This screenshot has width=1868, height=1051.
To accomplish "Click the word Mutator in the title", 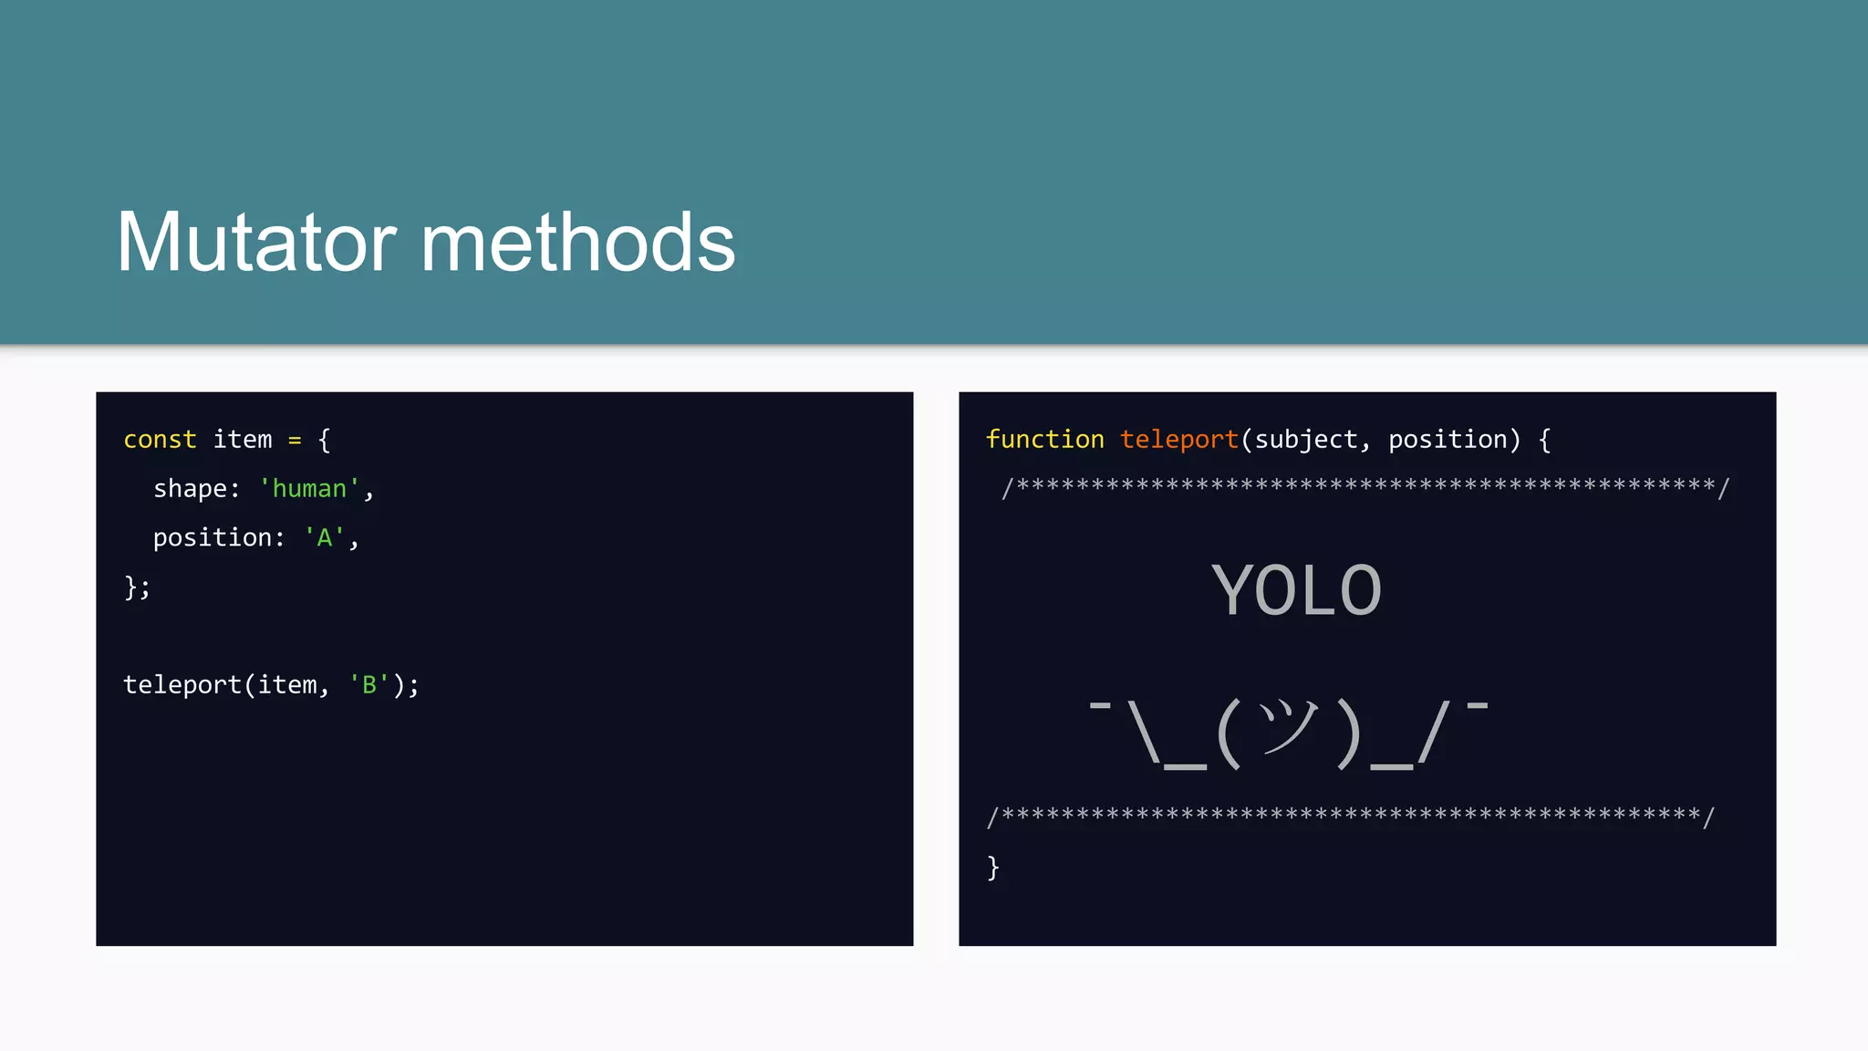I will click(x=256, y=243).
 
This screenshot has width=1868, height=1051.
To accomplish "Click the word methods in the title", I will click(x=577, y=243).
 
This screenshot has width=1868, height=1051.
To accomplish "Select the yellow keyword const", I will click(x=160, y=440).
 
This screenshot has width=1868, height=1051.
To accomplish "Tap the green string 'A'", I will click(x=324, y=538).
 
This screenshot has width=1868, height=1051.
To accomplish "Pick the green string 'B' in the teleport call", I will click(x=368, y=685).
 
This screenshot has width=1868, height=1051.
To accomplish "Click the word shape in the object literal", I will click(x=190, y=489).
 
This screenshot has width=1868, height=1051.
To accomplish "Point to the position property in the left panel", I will click(x=212, y=538).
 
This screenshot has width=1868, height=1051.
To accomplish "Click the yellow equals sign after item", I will click(x=295, y=440).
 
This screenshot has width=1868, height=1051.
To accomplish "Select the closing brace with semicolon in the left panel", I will click(x=137, y=587).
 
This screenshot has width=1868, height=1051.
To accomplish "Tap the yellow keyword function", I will click(x=1044, y=440).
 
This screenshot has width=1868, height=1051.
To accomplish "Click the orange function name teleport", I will click(x=1178, y=440).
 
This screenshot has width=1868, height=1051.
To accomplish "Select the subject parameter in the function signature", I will click(x=1306, y=440).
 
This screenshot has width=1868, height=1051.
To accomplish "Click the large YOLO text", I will click(x=1296, y=591).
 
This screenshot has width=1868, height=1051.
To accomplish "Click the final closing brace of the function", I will click(x=993, y=867).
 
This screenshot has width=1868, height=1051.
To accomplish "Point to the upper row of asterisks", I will click(x=1365, y=486).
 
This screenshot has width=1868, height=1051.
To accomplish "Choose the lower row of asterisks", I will click(x=1350, y=815).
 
